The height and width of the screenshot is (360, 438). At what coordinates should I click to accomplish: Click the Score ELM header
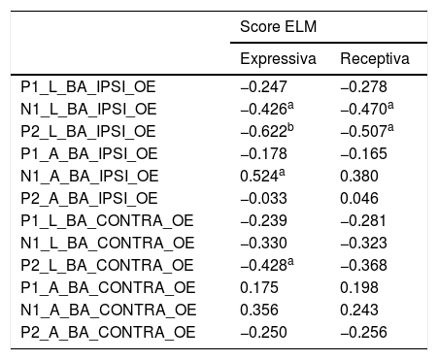(278, 26)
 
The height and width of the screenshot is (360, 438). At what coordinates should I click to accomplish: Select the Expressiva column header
(278, 59)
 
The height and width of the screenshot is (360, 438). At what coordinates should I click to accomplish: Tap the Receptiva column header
(375, 59)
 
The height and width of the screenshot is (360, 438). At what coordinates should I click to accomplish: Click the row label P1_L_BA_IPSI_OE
(88, 87)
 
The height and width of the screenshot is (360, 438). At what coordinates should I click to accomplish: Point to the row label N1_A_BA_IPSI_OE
(89, 177)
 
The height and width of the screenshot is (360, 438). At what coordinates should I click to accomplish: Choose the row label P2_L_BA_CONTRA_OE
(107, 266)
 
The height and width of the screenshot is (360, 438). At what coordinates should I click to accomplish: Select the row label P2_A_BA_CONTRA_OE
(108, 333)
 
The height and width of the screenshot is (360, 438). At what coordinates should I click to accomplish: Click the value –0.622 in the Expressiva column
(263, 132)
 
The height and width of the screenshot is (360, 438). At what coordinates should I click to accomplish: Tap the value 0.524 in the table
(259, 177)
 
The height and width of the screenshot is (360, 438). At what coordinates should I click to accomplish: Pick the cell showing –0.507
(363, 132)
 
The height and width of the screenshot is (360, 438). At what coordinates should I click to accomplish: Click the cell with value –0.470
(363, 110)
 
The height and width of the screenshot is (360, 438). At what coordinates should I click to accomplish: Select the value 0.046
(359, 199)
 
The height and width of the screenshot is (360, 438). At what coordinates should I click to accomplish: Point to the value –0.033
(263, 199)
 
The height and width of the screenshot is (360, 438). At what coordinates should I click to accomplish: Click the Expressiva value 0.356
(259, 311)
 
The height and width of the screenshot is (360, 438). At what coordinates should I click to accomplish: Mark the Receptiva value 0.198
(359, 288)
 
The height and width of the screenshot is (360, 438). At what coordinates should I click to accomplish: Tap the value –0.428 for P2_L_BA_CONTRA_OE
(263, 266)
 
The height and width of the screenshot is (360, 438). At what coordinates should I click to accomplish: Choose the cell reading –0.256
(363, 333)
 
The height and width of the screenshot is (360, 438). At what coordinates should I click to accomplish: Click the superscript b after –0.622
(290, 128)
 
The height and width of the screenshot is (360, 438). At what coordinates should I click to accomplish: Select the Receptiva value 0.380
(359, 177)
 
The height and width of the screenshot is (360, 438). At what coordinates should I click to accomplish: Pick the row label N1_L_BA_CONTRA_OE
(108, 244)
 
